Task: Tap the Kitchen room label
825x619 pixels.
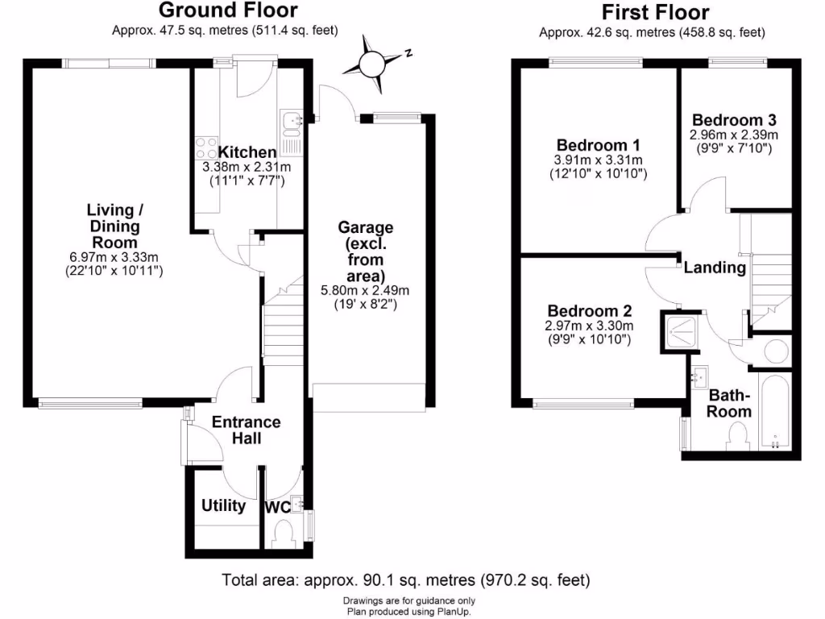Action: coord(247,152)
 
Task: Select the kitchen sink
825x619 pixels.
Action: coord(290,121)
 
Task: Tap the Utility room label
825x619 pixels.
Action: coord(223,505)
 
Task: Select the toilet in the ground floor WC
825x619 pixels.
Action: coord(284,534)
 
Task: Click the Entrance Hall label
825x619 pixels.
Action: coord(246,430)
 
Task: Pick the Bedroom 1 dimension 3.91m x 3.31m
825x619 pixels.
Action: coord(598,160)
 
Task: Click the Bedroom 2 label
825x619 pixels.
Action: coord(589,311)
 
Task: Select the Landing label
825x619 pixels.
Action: coord(715,268)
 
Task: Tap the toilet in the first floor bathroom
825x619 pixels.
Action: coord(737,438)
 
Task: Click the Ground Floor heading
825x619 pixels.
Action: coord(227,10)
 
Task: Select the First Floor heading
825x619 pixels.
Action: coord(655,12)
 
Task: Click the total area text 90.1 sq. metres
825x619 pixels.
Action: coord(406,579)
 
